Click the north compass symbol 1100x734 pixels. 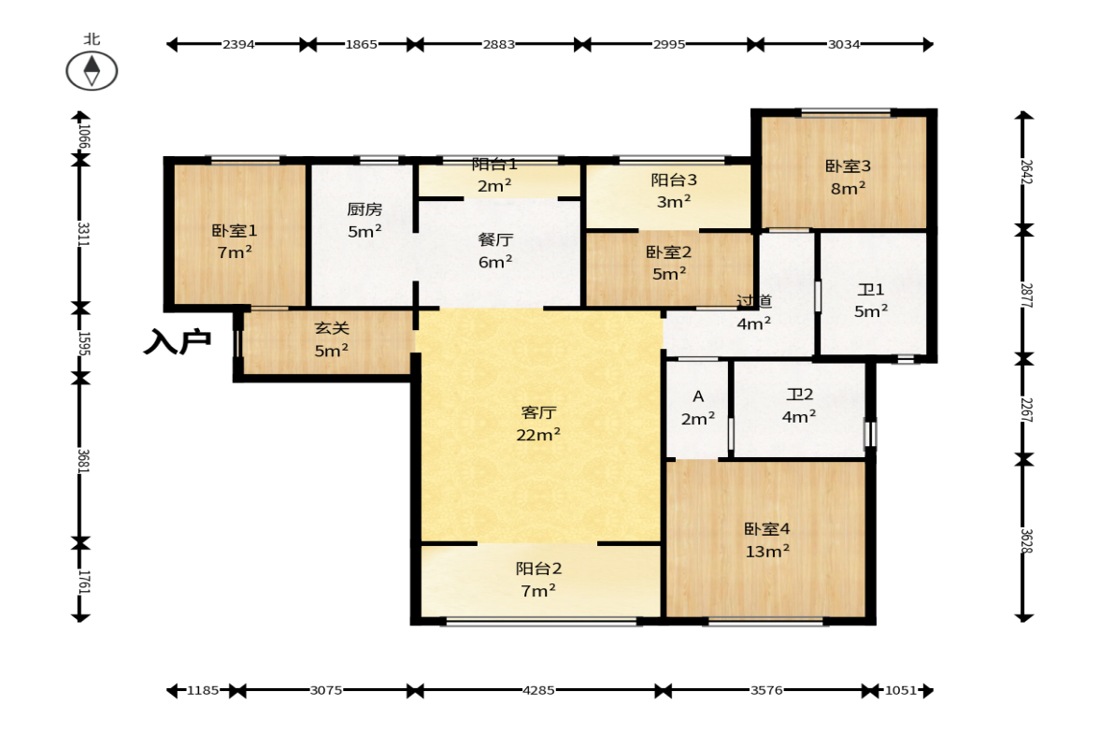point(92,70)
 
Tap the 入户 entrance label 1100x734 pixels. point(178,341)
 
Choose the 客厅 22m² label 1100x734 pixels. point(538,424)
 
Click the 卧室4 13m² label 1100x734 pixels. point(766,540)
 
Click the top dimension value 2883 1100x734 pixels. point(499,44)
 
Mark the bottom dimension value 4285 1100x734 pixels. point(538,690)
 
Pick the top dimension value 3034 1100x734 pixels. point(843,44)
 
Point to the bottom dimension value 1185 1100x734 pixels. point(203,690)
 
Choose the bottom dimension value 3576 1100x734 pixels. point(766,690)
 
